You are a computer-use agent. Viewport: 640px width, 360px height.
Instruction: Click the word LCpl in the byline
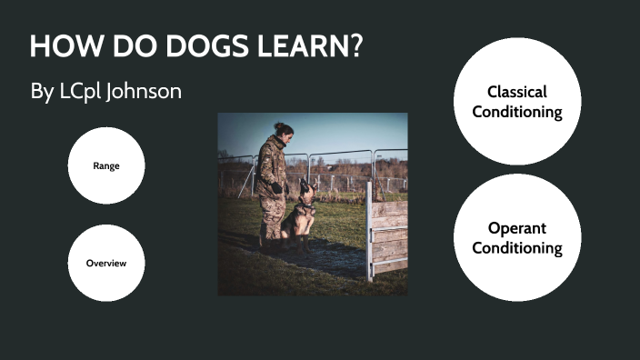click(74, 92)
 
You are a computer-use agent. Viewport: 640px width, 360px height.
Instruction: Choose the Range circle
click(106, 165)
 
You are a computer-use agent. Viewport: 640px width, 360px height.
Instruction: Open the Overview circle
click(106, 263)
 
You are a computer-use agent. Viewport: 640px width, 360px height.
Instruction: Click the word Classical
click(516, 92)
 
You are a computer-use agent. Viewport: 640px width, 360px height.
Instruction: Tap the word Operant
click(516, 227)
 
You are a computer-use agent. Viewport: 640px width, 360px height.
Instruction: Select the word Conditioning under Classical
click(516, 112)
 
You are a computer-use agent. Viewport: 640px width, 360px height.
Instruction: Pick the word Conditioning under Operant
click(516, 247)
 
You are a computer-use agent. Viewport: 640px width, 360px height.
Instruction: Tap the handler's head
click(283, 133)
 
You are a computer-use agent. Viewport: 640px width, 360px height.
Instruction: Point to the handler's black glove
click(276, 188)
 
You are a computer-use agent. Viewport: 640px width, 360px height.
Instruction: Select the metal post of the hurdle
click(369, 231)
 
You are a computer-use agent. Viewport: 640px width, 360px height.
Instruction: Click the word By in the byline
click(42, 92)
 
